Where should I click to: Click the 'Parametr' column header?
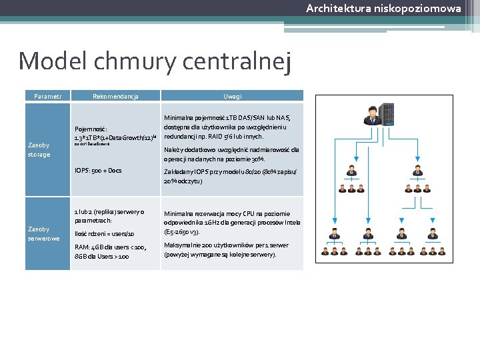(47, 97)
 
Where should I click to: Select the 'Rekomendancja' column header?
(115, 97)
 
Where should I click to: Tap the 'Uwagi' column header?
(232, 97)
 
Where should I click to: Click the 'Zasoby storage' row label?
(39, 149)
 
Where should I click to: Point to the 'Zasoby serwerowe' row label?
(43, 233)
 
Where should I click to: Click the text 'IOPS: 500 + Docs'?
(98, 171)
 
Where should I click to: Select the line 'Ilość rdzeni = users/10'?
(104, 234)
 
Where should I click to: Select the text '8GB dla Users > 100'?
(102, 256)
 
